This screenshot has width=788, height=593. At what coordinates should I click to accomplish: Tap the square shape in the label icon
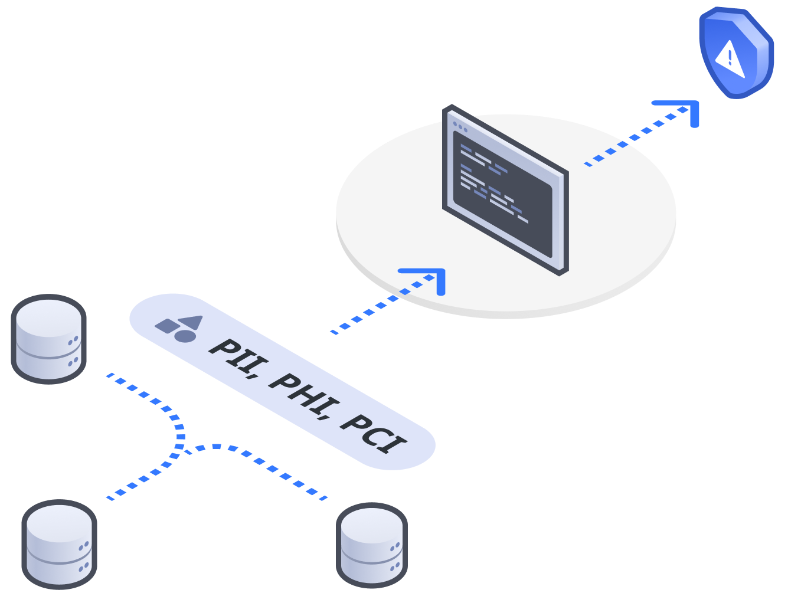coord(166,326)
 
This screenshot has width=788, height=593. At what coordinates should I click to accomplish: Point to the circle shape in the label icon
coord(185,336)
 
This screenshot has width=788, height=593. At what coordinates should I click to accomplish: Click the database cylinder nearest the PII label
coord(49,339)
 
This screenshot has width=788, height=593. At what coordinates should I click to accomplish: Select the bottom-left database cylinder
coord(59,544)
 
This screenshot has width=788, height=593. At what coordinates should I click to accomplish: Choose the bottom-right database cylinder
coord(372,546)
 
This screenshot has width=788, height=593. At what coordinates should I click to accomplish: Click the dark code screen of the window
coord(502,195)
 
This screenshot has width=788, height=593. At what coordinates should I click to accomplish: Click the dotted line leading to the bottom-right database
coord(266,466)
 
